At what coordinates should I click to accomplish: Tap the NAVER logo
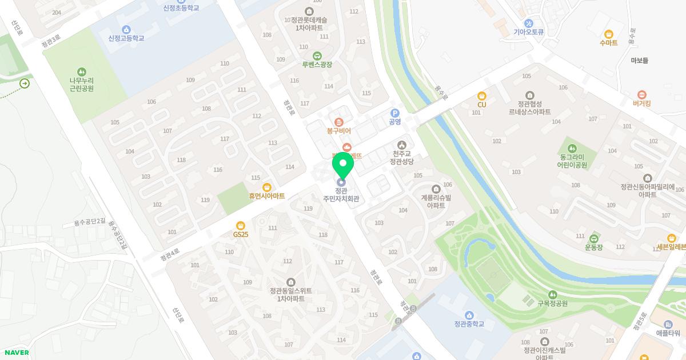(x=16, y=353)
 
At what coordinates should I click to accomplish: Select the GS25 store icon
(x=241, y=226)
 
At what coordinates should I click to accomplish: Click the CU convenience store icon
(x=482, y=96)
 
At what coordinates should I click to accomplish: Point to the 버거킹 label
(x=641, y=104)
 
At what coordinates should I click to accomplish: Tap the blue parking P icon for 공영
(x=394, y=113)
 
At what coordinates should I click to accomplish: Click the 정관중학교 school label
(x=469, y=324)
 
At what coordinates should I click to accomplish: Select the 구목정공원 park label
(x=552, y=303)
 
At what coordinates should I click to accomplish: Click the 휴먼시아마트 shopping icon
(x=266, y=187)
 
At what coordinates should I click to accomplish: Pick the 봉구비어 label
(x=338, y=131)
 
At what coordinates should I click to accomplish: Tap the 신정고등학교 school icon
(x=126, y=30)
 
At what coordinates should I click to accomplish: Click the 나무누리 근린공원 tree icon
(x=82, y=72)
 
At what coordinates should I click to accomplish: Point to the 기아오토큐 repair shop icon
(x=528, y=23)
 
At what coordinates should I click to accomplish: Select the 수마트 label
(x=608, y=43)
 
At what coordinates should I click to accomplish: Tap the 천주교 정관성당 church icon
(x=402, y=145)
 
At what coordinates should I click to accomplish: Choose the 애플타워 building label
(x=668, y=333)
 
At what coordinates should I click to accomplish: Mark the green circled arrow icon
(x=25, y=84)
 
